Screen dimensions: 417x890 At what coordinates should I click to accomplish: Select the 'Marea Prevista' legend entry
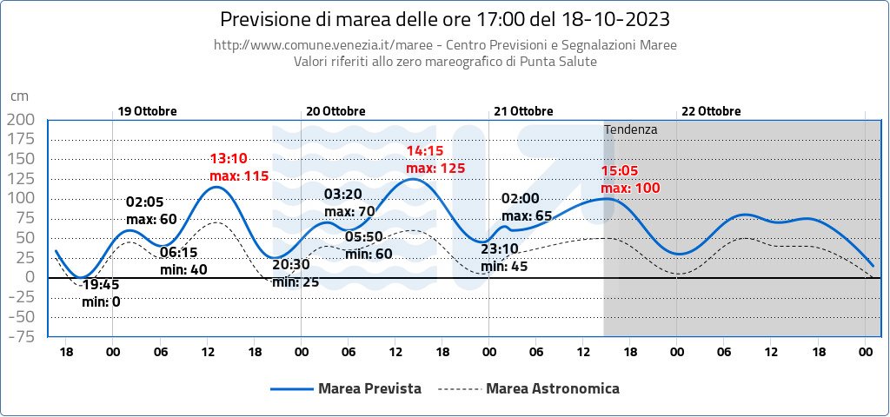[x=370, y=388]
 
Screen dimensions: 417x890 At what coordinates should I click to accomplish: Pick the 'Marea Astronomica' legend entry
[x=553, y=388]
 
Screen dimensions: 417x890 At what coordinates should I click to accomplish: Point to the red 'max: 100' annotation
[x=630, y=189]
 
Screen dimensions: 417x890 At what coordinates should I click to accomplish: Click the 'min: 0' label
[x=101, y=301]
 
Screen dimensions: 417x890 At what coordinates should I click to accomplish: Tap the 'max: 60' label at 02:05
[x=152, y=219]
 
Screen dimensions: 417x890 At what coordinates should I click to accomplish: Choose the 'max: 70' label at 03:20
[x=349, y=211]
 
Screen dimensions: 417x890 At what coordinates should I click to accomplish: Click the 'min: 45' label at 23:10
[x=505, y=267]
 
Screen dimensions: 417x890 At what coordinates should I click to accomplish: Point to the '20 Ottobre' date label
[x=336, y=111]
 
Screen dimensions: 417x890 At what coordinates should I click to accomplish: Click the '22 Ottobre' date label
[x=711, y=111]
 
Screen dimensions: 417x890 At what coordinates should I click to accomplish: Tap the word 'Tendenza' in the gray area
[x=631, y=129]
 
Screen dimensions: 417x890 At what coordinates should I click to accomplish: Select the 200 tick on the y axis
[x=22, y=119]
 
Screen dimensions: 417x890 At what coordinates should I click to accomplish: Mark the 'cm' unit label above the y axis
[x=19, y=97]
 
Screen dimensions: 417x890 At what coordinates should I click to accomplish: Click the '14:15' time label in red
[x=426, y=151]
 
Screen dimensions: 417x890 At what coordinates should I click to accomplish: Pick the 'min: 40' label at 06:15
[x=184, y=269]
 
